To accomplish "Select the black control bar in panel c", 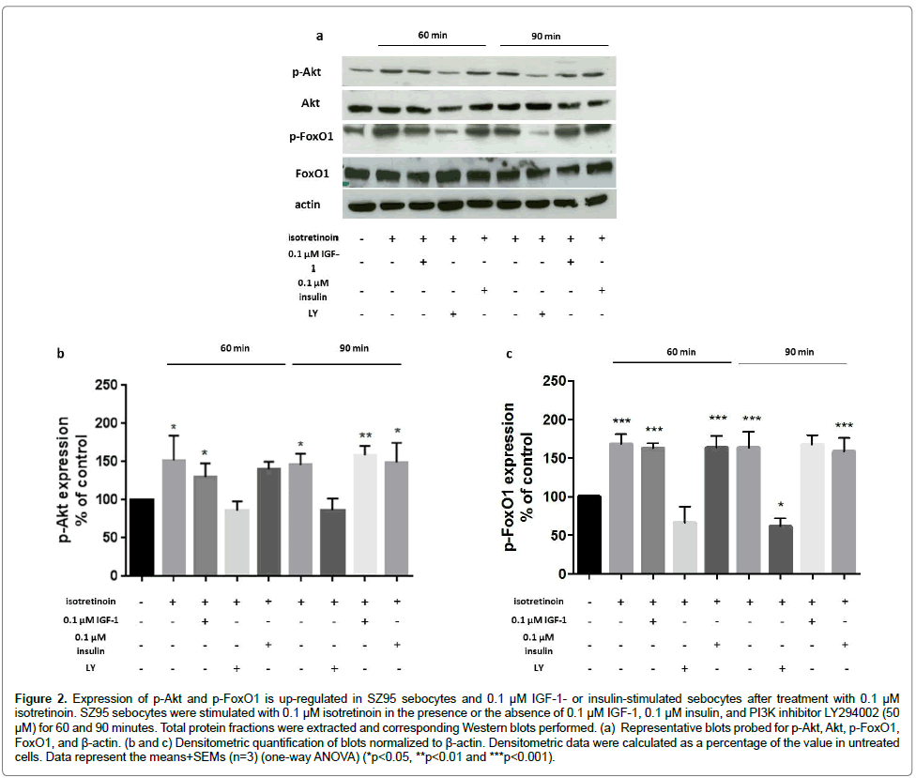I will click(589, 534).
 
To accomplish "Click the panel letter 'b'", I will click(61, 354).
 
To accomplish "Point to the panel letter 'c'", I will click(509, 354).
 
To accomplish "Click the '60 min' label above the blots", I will click(432, 36).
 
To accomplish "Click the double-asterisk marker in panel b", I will click(365, 436).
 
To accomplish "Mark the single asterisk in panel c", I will click(782, 507).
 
